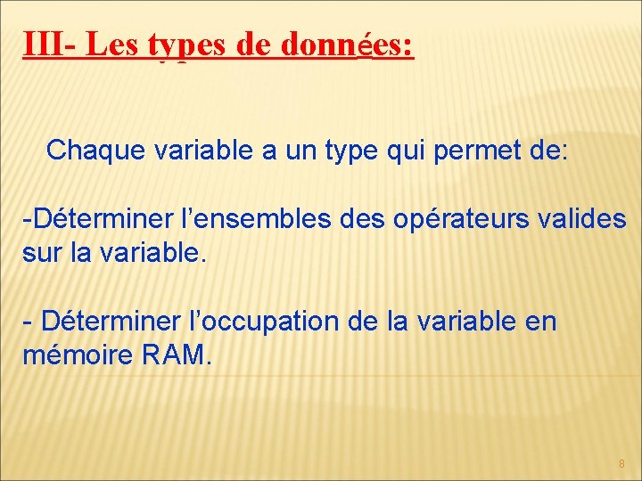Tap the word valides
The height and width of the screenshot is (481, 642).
[x=584, y=218]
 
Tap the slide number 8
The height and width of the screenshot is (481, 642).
[x=621, y=464]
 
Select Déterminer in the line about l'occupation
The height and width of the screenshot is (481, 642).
[x=111, y=320]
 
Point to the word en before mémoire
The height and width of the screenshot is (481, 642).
[x=539, y=321]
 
